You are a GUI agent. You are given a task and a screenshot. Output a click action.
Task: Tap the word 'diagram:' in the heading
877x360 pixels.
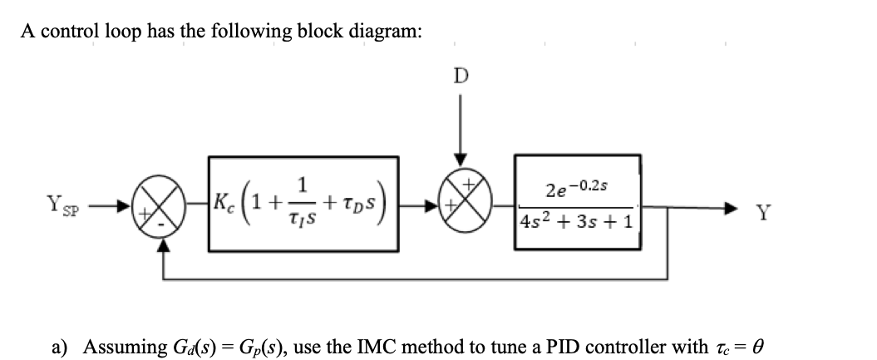(382, 32)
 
